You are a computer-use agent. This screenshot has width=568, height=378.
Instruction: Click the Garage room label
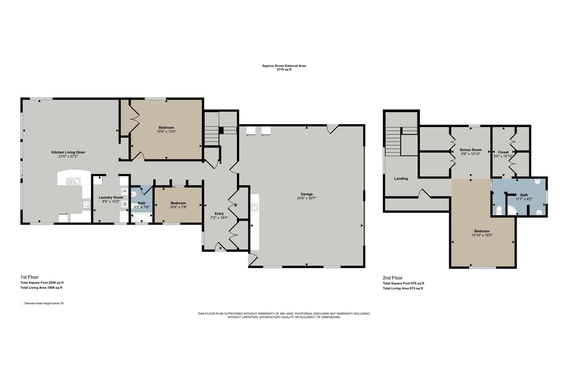tap(307, 194)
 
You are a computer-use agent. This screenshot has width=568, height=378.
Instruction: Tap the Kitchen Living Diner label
tap(68, 152)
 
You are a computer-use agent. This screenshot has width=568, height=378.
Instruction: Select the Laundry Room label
tap(111, 198)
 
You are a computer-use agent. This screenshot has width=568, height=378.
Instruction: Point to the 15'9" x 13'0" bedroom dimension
tap(166, 132)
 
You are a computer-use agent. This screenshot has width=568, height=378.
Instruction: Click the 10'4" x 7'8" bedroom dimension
tap(178, 207)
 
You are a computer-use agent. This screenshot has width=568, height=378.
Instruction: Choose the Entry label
tap(219, 214)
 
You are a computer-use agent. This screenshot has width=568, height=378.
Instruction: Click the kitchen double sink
tap(73, 181)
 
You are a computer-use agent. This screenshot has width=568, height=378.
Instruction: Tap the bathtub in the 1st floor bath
tap(141, 218)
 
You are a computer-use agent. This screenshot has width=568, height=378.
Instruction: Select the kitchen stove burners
tap(87, 204)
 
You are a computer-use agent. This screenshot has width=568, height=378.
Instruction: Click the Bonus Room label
tap(471, 150)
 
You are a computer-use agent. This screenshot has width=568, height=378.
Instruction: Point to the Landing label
tap(401, 179)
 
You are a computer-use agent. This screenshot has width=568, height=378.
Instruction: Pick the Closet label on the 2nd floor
tap(503, 152)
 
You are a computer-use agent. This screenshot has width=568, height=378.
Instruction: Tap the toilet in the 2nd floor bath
tap(499, 210)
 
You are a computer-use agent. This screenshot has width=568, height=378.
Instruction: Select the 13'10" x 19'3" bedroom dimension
tap(482, 235)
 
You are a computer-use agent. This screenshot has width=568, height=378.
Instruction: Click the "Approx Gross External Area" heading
tap(284, 66)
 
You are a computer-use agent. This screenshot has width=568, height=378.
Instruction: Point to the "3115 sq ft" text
tap(284, 70)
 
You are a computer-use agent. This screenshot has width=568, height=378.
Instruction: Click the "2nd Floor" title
tap(393, 278)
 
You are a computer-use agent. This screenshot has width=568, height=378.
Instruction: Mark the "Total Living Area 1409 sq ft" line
tap(41, 288)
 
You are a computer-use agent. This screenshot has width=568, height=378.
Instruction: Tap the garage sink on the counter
tap(254, 207)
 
